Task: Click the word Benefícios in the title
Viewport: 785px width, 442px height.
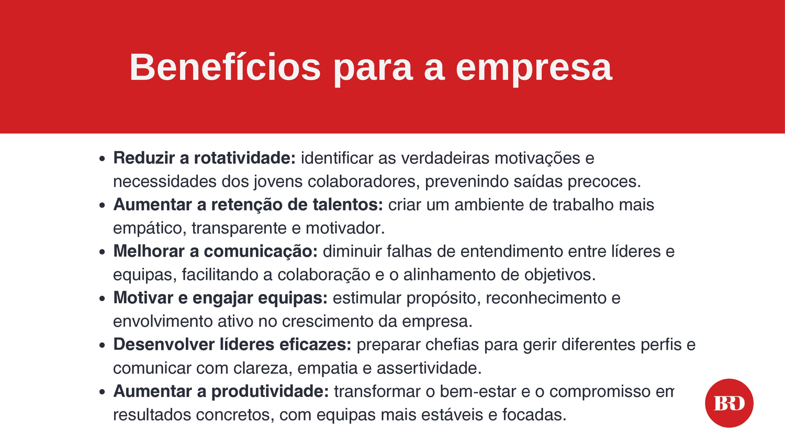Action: pyautogui.click(x=225, y=67)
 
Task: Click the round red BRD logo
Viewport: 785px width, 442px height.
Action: pyautogui.click(x=730, y=403)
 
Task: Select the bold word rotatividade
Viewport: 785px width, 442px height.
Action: pyautogui.click(x=245, y=158)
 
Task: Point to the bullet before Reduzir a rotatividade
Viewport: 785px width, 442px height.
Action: pyautogui.click(x=102, y=159)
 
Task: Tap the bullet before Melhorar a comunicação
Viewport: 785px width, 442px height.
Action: pyautogui.click(x=102, y=252)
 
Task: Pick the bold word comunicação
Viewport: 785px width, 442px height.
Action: pyautogui.click(x=261, y=251)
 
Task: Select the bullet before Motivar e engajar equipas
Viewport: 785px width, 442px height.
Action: pyautogui.click(x=102, y=299)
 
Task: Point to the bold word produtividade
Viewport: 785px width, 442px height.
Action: pyautogui.click(x=270, y=392)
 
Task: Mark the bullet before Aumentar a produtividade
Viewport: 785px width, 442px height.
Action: pyautogui.click(x=102, y=392)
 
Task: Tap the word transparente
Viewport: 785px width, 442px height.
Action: pyautogui.click(x=239, y=228)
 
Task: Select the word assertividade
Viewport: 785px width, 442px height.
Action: pyautogui.click(x=429, y=368)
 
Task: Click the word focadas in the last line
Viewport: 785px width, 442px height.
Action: pyautogui.click(x=534, y=415)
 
